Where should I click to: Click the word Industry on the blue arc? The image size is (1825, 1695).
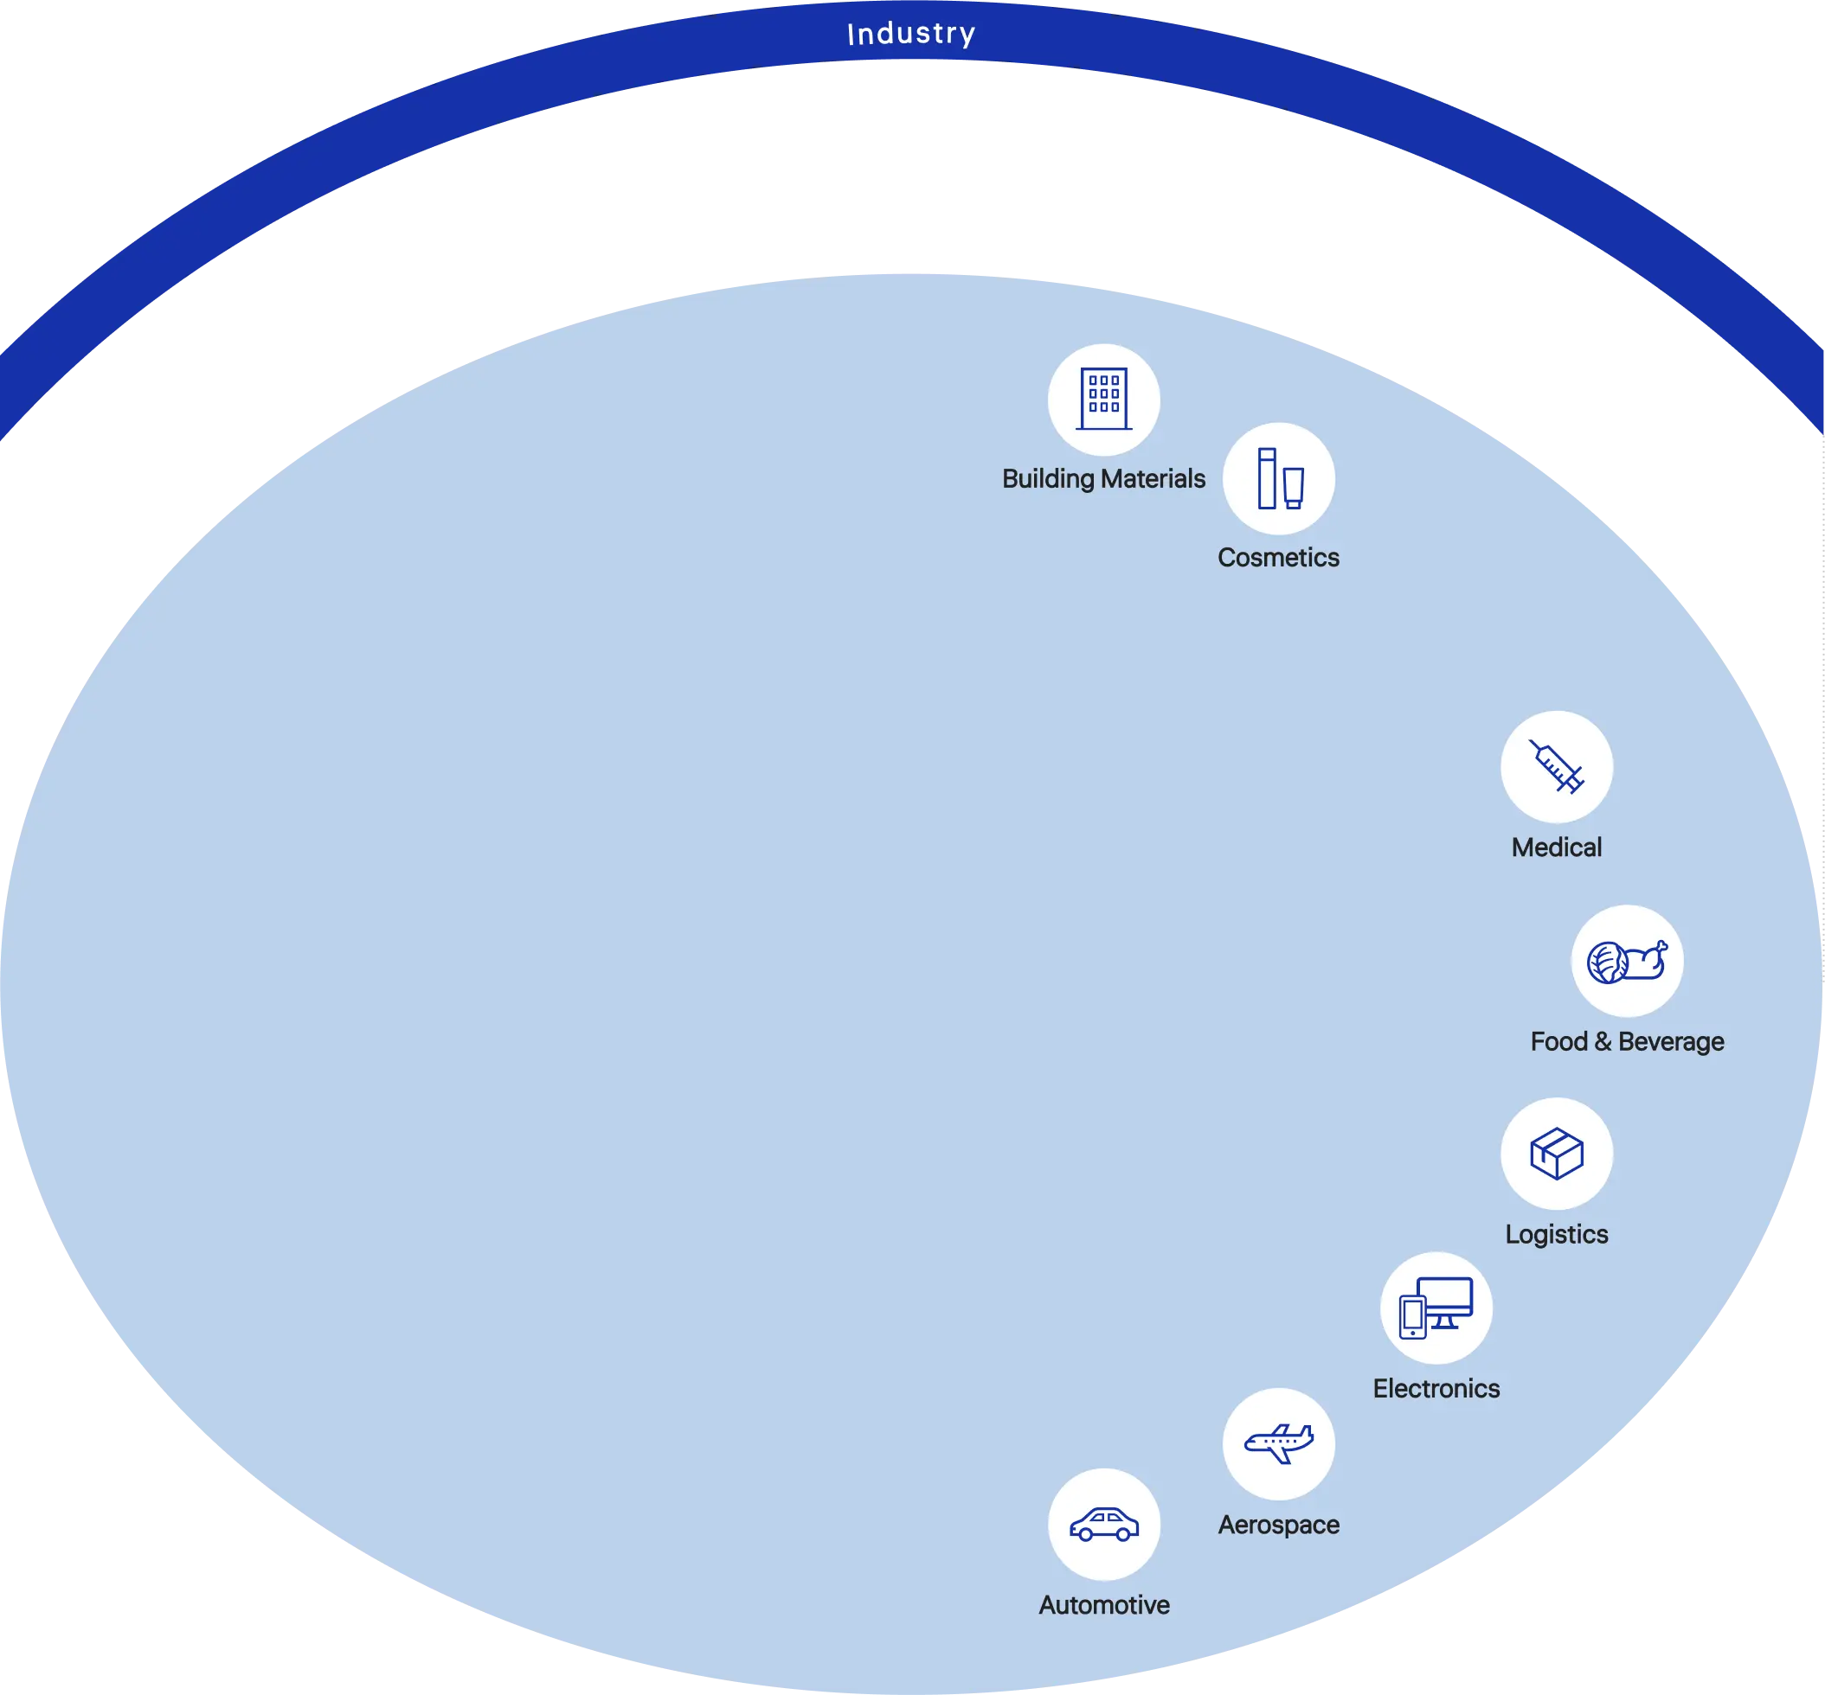point(911,34)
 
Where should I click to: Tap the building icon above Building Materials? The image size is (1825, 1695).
point(1104,400)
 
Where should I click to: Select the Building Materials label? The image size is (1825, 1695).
point(1103,479)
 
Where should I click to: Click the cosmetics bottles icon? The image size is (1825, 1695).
point(1279,479)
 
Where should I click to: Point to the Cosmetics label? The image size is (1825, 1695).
point(1278,558)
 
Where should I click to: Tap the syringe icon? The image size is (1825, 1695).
point(1556,767)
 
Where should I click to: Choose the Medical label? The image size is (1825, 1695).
point(1556,847)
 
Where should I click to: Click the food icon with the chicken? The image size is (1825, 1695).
point(1627,962)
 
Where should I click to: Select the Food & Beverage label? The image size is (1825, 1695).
point(1627,1042)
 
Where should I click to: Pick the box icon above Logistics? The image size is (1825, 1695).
point(1556,1154)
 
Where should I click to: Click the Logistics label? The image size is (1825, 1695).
point(1556,1235)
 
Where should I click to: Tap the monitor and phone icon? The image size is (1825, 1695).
point(1436,1308)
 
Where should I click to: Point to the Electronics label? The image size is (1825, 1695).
point(1436,1389)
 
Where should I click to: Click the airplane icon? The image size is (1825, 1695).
point(1278,1443)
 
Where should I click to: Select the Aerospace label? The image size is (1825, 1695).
point(1278,1525)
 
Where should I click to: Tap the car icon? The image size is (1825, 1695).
point(1104,1525)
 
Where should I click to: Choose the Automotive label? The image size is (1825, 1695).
point(1104,1605)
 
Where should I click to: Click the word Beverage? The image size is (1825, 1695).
point(1671,1042)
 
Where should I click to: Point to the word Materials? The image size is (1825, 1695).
point(1153,479)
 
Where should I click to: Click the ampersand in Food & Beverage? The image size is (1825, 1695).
point(1603,1042)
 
